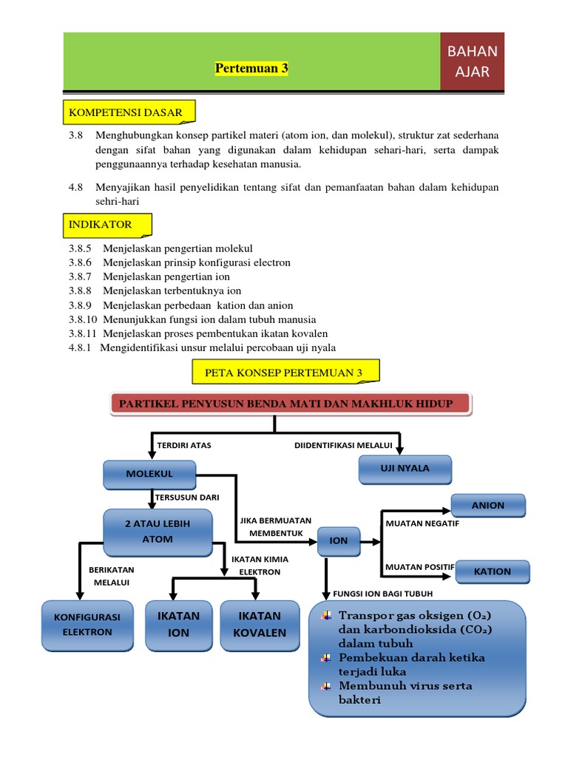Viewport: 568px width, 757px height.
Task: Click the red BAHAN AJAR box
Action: click(472, 62)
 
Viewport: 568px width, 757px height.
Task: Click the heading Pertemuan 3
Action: click(251, 69)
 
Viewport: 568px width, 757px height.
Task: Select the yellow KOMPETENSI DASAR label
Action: click(125, 112)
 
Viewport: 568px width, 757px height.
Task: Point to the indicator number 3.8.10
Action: click(84, 320)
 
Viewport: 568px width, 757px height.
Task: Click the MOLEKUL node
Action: click(149, 473)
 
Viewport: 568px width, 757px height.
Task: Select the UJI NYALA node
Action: click(404, 468)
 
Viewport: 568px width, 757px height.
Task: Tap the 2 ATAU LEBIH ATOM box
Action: click(158, 532)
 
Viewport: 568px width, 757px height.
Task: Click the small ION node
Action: click(339, 540)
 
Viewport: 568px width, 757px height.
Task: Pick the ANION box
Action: click(488, 506)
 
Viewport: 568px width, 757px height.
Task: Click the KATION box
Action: click(492, 571)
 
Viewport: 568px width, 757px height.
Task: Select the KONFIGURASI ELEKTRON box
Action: click(87, 624)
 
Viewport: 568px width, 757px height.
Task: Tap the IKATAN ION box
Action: click(178, 624)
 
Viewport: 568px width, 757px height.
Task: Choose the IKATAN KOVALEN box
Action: click(259, 624)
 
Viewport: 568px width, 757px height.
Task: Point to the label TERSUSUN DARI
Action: click(188, 498)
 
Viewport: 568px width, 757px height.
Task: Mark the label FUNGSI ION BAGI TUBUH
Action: click(383, 594)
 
